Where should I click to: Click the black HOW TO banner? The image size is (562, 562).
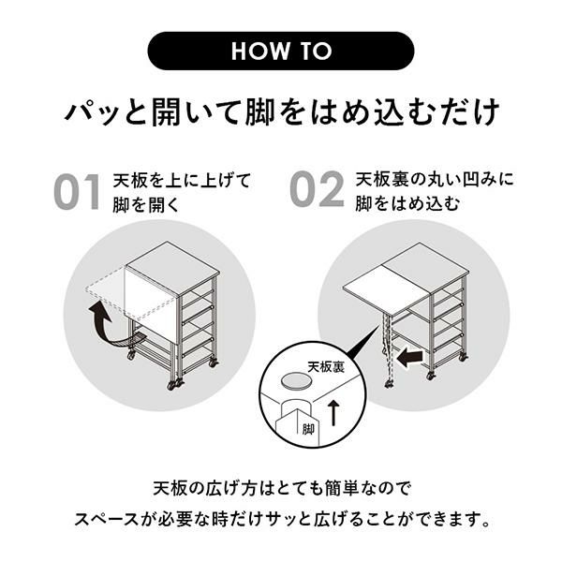tap(281, 51)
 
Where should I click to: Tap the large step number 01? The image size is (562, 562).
tap(77, 192)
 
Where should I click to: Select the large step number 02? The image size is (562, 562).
tap(317, 189)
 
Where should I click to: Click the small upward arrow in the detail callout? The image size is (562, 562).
tap(333, 413)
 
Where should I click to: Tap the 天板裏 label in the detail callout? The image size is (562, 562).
tap(326, 367)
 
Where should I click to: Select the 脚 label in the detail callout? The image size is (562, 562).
tap(308, 429)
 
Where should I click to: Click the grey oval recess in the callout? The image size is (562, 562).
tap(296, 380)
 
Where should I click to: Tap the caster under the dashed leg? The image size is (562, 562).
tap(389, 384)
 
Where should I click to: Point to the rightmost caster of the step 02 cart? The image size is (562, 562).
tap(463, 357)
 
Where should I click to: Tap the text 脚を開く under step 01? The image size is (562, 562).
tap(146, 205)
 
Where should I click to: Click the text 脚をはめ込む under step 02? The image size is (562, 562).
tap(407, 204)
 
